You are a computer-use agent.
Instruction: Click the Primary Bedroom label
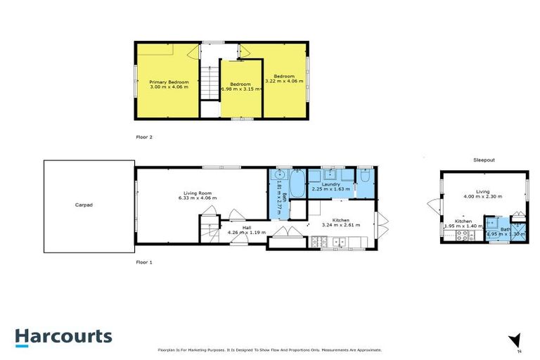click(169, 82)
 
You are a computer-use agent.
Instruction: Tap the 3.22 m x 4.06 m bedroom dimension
click(284, 82)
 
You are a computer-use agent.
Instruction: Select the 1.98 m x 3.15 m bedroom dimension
click(242, 89)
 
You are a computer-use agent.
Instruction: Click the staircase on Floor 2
click(210, 82)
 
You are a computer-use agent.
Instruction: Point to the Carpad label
click(84, 205)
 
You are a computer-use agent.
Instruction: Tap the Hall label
click(247, 228)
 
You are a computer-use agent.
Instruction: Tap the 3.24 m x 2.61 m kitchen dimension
click(340, 225)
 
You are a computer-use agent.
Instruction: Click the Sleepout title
click(483, 160)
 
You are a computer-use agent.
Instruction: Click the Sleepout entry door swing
click(435, 205)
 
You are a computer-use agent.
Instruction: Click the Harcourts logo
click(64, 336)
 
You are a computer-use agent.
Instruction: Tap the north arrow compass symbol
click(515, 340)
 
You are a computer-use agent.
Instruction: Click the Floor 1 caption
click(144, 262)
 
